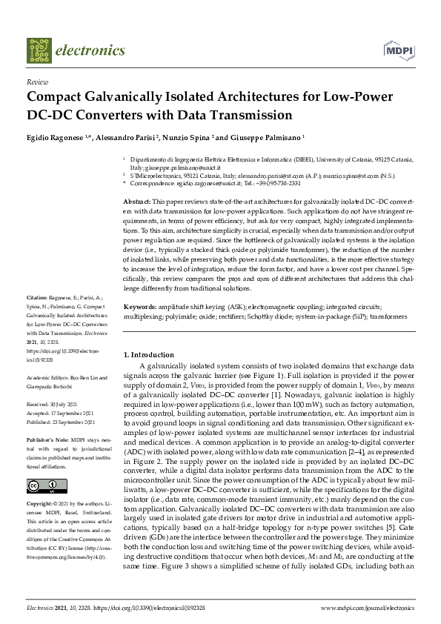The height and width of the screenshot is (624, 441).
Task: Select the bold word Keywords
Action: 139,306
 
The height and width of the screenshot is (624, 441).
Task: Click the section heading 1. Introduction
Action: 148,355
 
